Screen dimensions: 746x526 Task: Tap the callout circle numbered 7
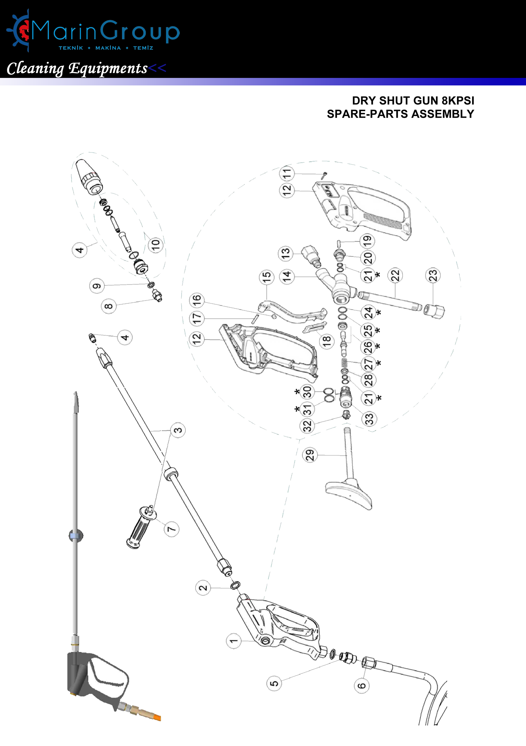pos(171,529)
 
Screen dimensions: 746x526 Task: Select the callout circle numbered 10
pos(156,244)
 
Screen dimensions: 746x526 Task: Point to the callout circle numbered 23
pos(433,275)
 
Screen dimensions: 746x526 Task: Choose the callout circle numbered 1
pos(234,641)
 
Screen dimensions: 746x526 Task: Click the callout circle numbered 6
pos(361,686)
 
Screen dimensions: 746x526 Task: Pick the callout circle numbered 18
pos(326,341)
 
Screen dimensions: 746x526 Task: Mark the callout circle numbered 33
pos(369,418)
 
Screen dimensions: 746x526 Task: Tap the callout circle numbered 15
pos(267,277)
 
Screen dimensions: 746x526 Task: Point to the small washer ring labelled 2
pos(235,585)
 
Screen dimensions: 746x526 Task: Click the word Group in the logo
pos(140,32)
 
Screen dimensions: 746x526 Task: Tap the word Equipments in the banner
pos(108,69)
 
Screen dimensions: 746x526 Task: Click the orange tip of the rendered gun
pos(157,717)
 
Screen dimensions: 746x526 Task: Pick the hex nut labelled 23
pos(434,311)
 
